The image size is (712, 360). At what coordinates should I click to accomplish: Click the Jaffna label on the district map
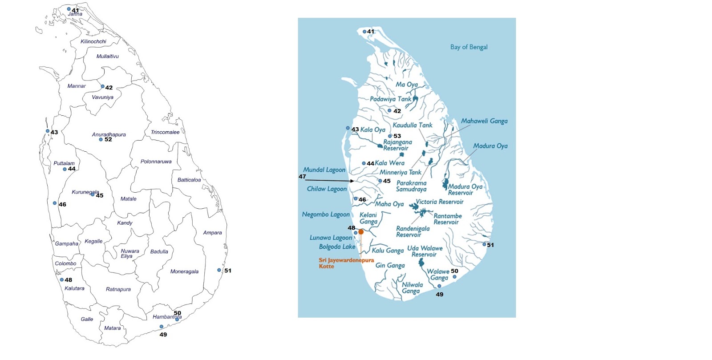point(75,14)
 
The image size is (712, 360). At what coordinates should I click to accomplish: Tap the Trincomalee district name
point(165,132)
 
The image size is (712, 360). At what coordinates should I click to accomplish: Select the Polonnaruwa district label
point(156,162)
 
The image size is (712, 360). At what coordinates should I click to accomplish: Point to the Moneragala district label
point(184,271)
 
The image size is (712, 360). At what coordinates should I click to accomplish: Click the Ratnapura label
point(118,289)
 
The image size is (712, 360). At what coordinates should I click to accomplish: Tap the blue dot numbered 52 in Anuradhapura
point(101,140)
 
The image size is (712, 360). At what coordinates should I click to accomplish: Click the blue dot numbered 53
point(390,136)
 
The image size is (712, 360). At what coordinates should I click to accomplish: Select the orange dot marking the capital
point(361,232)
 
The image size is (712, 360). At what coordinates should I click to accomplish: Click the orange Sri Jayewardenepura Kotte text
point(346,263)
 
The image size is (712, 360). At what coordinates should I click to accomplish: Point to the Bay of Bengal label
point(469,47)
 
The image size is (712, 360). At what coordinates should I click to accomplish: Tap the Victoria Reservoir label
point(440,202)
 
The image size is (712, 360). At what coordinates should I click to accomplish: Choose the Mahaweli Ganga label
point(484,121)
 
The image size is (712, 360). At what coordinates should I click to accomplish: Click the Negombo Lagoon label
point(326,214)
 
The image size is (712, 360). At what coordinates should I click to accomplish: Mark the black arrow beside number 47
point(329,180)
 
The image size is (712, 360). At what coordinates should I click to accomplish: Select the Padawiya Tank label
point(391,99)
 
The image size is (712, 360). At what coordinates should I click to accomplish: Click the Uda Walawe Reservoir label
point(425,251)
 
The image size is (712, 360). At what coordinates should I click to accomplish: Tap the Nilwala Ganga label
point(412,288)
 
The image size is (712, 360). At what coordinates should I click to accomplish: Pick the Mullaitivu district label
point(108,57)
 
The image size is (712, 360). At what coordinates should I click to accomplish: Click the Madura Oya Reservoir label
point(465,190)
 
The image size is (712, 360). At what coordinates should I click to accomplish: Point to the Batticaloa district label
point(189,180)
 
